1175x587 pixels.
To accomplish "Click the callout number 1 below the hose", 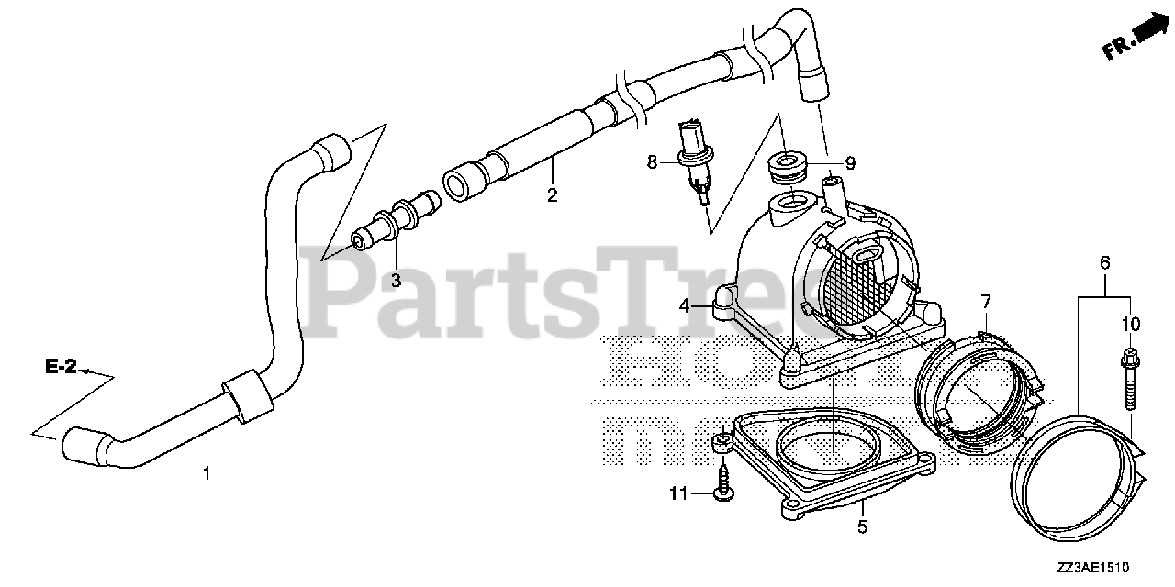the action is (x=207, y=473).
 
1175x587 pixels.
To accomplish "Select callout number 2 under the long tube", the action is (x=553, y=194).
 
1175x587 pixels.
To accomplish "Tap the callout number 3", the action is (x=397, y=281).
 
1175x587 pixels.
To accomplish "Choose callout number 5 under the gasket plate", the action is (x=862, y=528).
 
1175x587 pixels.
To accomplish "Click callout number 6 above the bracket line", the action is (x=1104, y=263).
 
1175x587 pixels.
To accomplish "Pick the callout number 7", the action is (x=985, y=301).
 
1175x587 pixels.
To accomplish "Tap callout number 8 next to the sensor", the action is (x=653, y=162).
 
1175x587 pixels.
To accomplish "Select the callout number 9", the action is (x=850, y=163).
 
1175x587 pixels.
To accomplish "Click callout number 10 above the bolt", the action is (x=1130, y=324).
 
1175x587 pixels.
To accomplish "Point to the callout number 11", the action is (x=677, y=494).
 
